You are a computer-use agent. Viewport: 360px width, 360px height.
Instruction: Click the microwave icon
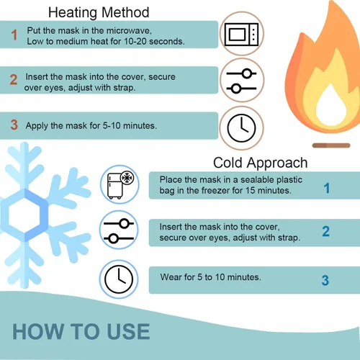click(241, 35)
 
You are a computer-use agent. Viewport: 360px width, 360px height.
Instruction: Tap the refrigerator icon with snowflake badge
click(120, 185)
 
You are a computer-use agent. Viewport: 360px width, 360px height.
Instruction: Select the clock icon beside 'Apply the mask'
click(241, 128)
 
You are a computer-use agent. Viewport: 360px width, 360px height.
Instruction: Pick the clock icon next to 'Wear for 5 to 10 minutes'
click(119, 279)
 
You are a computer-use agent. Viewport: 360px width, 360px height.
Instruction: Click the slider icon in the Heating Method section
click(241, 81)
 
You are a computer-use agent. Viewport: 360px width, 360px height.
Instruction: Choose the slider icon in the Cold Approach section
click(119, 231)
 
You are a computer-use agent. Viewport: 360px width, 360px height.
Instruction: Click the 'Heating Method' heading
click(99, 12)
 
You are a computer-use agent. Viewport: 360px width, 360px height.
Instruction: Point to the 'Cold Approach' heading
click(261, 163)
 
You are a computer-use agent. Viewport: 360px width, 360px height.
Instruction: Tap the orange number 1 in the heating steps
click(14, 35)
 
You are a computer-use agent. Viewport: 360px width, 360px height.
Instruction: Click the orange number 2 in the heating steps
click(14, 79)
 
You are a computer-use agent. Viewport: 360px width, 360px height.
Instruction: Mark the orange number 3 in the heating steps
click(14, 125)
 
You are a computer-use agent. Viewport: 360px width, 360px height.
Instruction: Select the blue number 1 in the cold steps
click(327, 188)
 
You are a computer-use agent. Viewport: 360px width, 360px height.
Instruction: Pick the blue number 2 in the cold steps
click(325, 231)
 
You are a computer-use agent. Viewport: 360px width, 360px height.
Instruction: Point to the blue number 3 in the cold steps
click(325, 280)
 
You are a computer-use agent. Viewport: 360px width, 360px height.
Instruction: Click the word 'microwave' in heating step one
click(129, 31)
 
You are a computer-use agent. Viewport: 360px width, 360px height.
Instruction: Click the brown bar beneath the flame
click(331, 145)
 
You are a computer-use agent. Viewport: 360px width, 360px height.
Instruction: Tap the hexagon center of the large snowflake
click(24, 215)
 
